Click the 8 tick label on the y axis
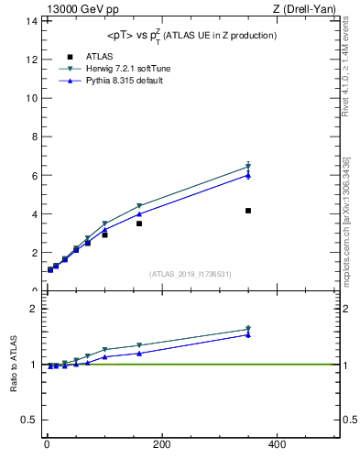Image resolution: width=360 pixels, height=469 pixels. pos(36,136)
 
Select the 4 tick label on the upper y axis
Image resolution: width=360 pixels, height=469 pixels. pos(36,214)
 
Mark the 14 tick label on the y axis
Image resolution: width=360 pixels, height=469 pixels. pos(33,20)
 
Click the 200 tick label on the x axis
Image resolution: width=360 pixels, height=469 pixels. pos(162,444)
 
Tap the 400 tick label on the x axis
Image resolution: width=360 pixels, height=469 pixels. pos(277,444)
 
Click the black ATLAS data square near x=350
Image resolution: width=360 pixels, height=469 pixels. pos(248,211)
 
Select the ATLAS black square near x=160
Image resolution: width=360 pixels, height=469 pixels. pos(139,224)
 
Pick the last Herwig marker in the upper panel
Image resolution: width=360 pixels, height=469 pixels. pos(248,167)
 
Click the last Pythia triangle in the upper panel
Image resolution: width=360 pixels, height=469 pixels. pos(248,175)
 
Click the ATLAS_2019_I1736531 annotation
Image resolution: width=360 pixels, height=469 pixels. pos(190,273)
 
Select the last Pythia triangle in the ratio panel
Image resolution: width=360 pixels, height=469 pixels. pos(248,334)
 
